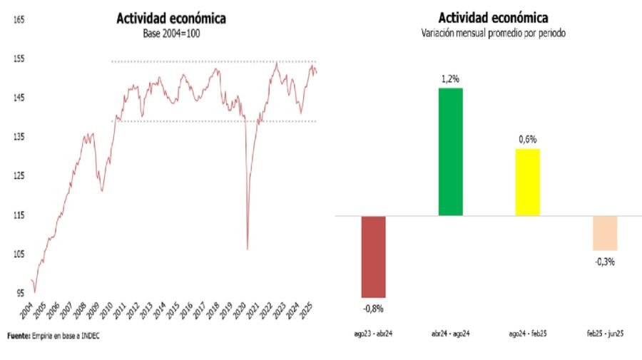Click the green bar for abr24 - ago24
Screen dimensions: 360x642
click(x=450, y=151)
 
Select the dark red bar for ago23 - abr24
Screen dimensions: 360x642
click(x=373, y=257)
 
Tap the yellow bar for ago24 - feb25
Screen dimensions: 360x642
click(x=527, y=182)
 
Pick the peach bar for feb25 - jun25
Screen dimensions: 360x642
click(x=605, y=233)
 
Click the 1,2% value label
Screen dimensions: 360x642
click(x=450, y=78)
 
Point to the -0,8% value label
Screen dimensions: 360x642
click(x=372, y=309)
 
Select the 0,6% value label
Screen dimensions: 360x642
click(x=527, y=139)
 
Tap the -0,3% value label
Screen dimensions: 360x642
click(x=604, y=261)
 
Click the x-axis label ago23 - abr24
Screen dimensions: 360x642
click(x=372, y=333)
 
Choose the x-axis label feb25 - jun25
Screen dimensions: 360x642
click(x=604, y=333)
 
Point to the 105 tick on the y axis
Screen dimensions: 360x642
click(x=19, y=254)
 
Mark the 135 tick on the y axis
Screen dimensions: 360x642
click(x=19, y=137)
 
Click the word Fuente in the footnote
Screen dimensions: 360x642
click(x=19, y=336)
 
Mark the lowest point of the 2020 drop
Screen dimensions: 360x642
click(x=248, y=249)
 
